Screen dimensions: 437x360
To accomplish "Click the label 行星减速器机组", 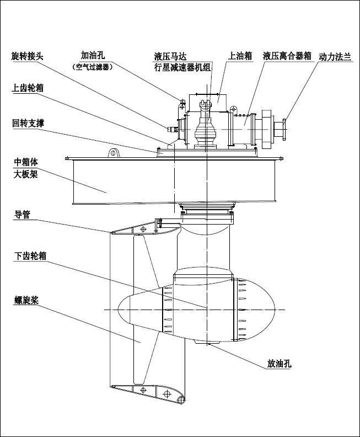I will (x=182, y=68).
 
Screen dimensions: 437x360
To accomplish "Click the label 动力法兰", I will (x=335, y=56).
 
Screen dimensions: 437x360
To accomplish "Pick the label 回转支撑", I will (x=28, y=123).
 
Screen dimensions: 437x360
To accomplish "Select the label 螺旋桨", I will (x=25, y=300).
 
